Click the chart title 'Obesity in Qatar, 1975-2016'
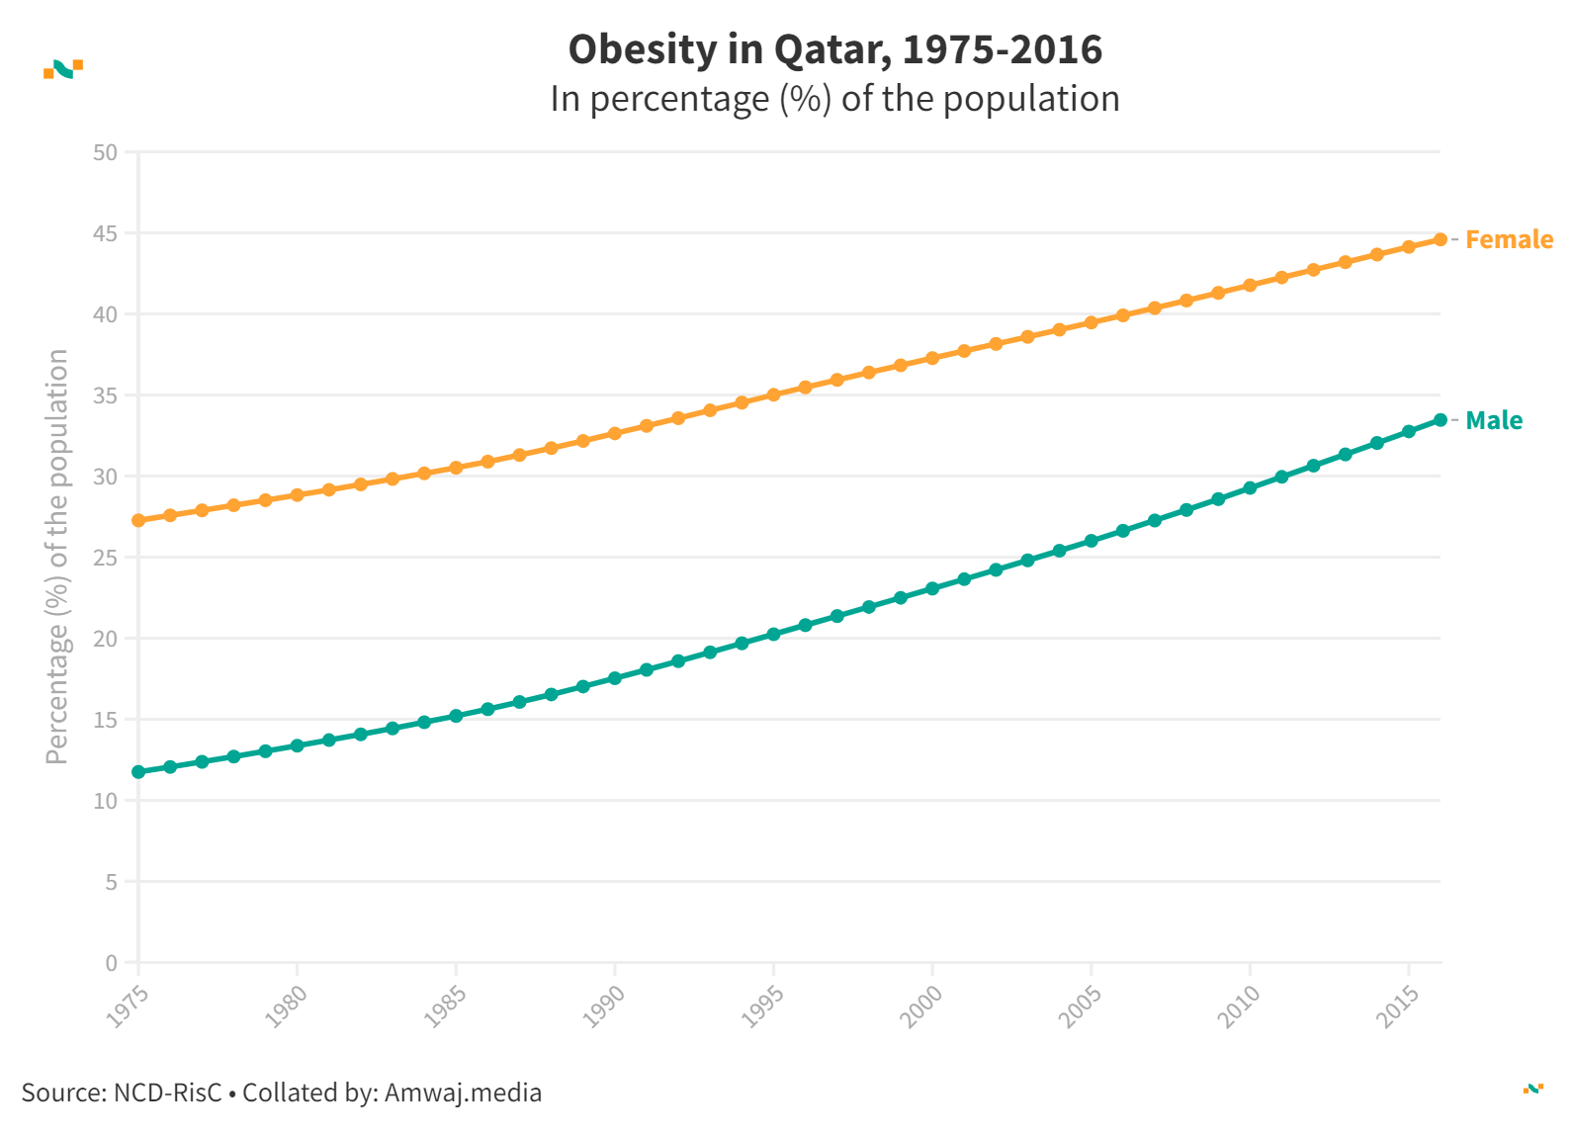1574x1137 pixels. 834,49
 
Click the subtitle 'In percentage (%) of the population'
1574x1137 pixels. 834,99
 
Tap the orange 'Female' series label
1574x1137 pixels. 1509,239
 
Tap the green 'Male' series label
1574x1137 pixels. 1494,420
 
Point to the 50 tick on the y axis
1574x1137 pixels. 105,152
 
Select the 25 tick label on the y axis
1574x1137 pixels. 105,558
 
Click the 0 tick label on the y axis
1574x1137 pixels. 111,963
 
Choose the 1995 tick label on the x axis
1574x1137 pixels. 762,1006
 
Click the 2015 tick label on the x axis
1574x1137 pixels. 1398,1006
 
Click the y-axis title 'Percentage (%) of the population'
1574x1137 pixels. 57,557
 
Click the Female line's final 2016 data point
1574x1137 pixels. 1441,239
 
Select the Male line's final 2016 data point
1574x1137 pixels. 1441,420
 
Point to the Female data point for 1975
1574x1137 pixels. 138,520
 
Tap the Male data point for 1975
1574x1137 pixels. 138,771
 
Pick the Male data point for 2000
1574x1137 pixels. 932,588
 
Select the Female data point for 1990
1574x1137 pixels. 615,433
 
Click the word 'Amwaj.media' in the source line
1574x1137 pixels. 463,1093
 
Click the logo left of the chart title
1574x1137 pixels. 63,68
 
